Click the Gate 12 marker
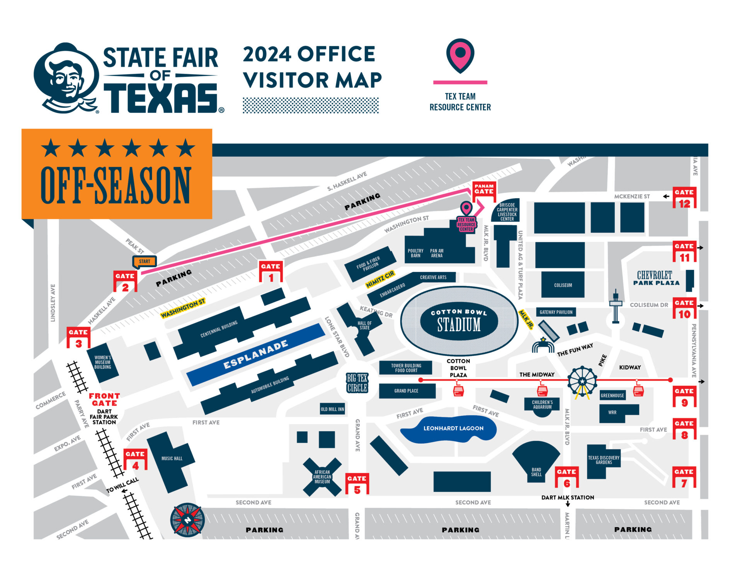(684, 198)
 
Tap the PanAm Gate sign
(484, 189)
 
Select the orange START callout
(145, 261)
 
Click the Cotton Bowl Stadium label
(459, 320)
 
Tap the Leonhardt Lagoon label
(453, 428)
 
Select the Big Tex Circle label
(357, 383)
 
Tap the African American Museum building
(322, 477)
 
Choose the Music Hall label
(172, 458)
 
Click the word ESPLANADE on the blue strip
(256, 354)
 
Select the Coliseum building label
(563, 285)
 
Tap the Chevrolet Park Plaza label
(656, 278)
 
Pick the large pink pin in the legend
(460, 55)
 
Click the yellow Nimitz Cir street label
(380, 279)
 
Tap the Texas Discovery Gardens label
(604, 459)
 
